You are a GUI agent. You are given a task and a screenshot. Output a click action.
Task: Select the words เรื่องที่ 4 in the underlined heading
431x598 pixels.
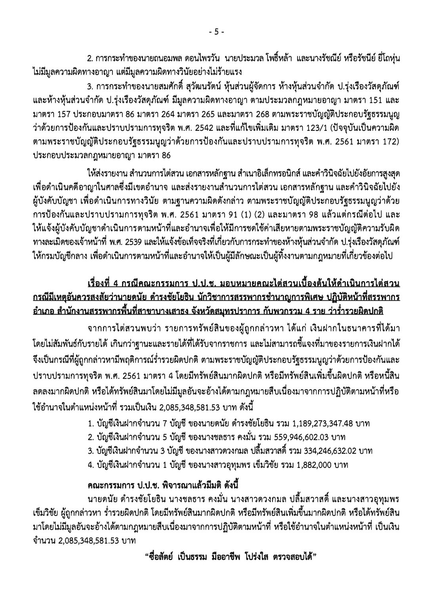(x=104, y=284)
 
